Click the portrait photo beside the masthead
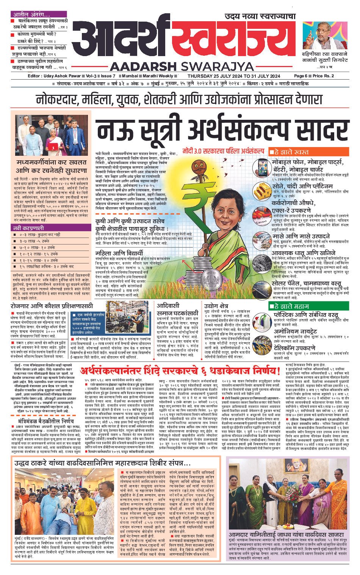(319, 36)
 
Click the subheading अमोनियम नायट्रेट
(295, 331)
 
